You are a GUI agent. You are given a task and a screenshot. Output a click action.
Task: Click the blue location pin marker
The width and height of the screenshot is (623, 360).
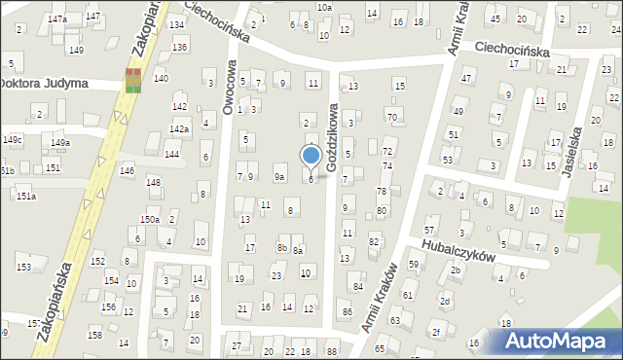(311, 157)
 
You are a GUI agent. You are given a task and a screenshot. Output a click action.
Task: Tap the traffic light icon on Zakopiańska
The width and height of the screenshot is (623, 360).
(132, 80)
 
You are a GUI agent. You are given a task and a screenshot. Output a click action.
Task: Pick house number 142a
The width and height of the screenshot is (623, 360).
(179, 128)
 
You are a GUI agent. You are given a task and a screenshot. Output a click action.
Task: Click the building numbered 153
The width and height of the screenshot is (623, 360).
(23, 267)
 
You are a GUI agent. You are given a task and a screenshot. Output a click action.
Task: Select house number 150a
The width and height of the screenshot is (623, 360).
(149, 220)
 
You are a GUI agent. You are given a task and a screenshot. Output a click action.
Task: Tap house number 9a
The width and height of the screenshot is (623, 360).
(278, 176)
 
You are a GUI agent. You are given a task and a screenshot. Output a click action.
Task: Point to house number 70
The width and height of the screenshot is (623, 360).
(392, 117)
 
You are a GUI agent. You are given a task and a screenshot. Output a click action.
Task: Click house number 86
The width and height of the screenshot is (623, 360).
(348, 311)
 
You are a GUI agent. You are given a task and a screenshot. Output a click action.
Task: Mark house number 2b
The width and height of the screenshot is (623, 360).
(455, 270)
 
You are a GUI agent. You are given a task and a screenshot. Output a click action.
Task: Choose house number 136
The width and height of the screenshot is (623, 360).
(179, 47)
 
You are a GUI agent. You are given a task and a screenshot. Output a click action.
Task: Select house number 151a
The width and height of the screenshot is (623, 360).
(25, 197)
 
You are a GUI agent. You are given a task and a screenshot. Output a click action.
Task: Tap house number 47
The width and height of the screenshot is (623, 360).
(466, 78)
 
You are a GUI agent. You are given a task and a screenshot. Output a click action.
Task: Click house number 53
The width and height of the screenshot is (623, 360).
(447, 159)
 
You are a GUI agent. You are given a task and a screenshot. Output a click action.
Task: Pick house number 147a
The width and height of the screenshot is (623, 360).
(57, 19)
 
